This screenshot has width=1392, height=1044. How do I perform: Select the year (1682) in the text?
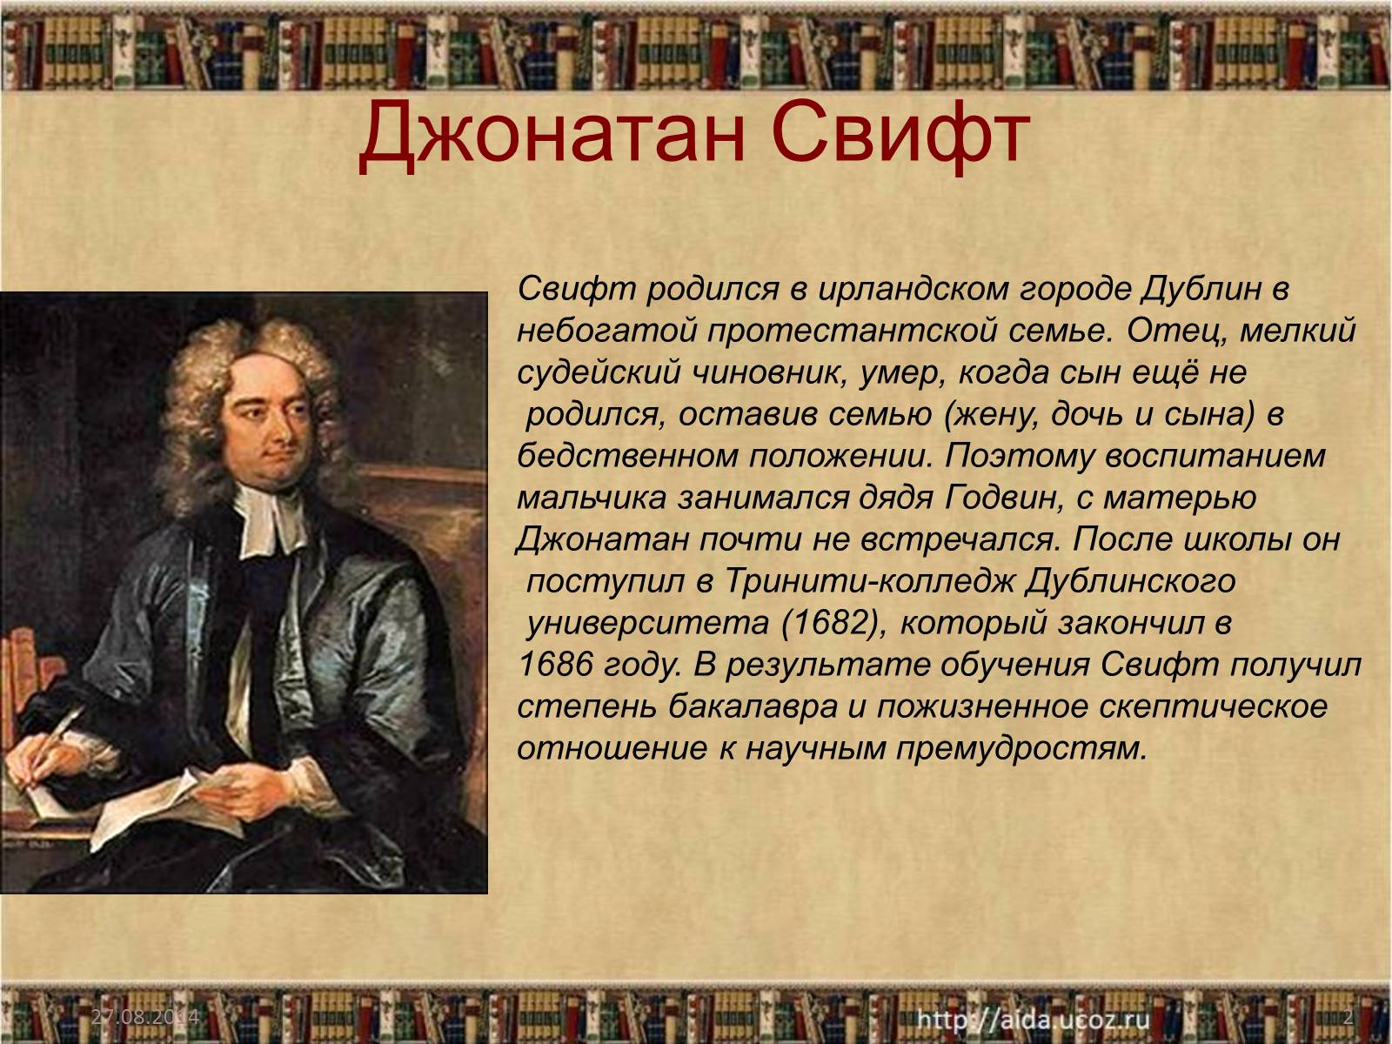click(x=829, y=623)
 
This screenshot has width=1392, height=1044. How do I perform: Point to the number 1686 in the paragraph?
click(x=555, y=665)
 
